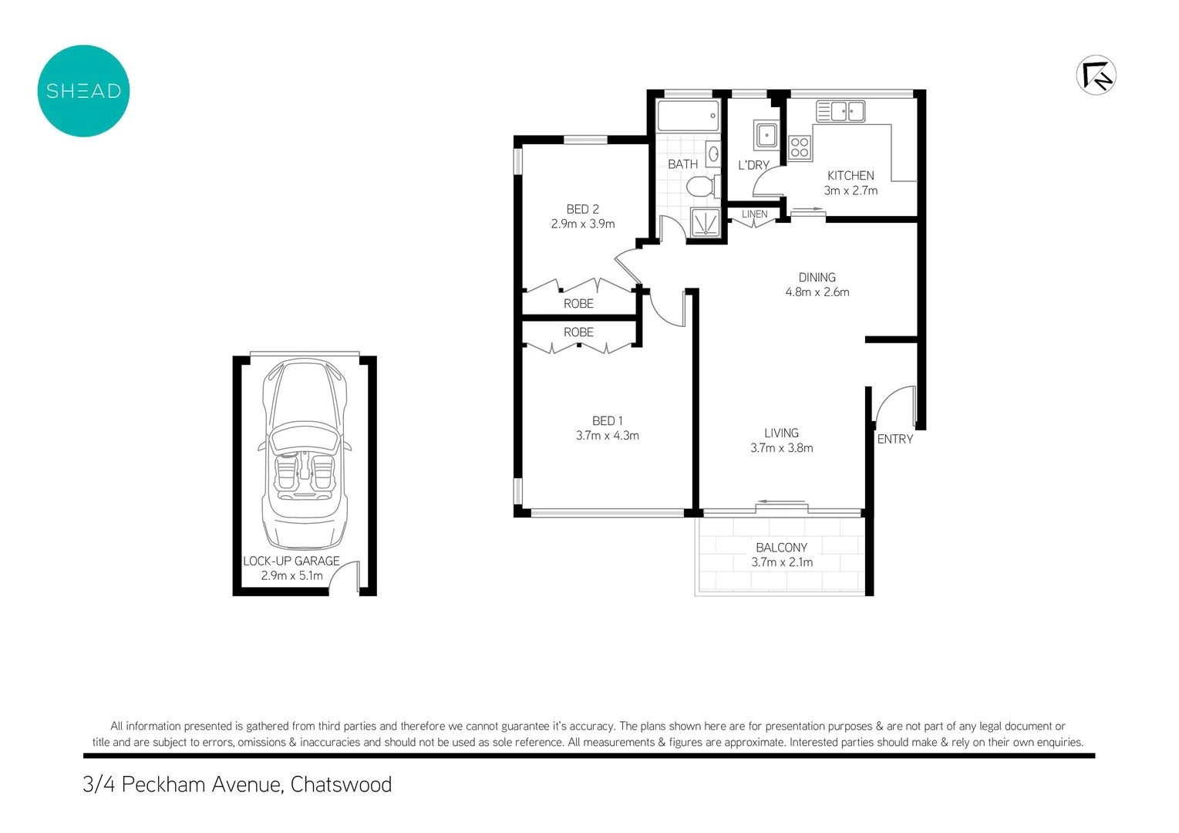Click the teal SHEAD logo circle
click(x=83, y=91)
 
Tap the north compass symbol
click(x=1096, y=75)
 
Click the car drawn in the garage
click(x=305, y=455)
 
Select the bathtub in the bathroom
click(x=688, y=116)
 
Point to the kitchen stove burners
click(x=800, y=147)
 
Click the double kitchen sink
click(x=841, y=112)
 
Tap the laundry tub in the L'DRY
click(x=766, y=135)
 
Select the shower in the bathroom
click(x=705, y=222)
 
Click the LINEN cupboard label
click(x=754, y=214)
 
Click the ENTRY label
click(x=894, y=439)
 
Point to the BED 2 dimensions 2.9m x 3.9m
click(x=582, y=224)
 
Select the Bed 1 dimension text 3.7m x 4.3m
click(x=607, y=436)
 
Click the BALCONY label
click(x=781, y=548)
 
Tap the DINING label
click(x=817, y=278)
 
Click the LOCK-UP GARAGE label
click(x=291, y=561)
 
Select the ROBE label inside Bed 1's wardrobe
click(x=578, y=332)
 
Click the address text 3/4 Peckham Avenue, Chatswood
click(x=237, y=784)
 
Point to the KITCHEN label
click(x=850, y=176)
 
